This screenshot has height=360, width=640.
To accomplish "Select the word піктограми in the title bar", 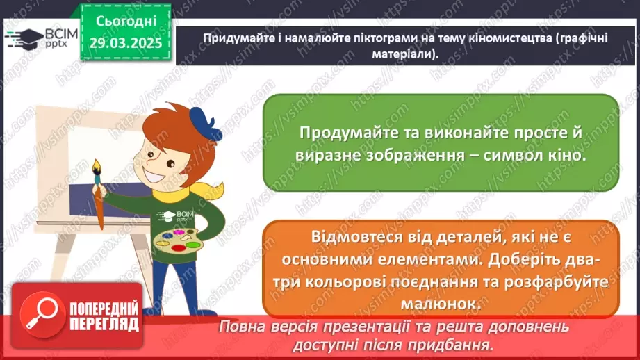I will point(357,39).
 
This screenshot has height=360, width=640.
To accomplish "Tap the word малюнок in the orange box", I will point(440,304).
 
